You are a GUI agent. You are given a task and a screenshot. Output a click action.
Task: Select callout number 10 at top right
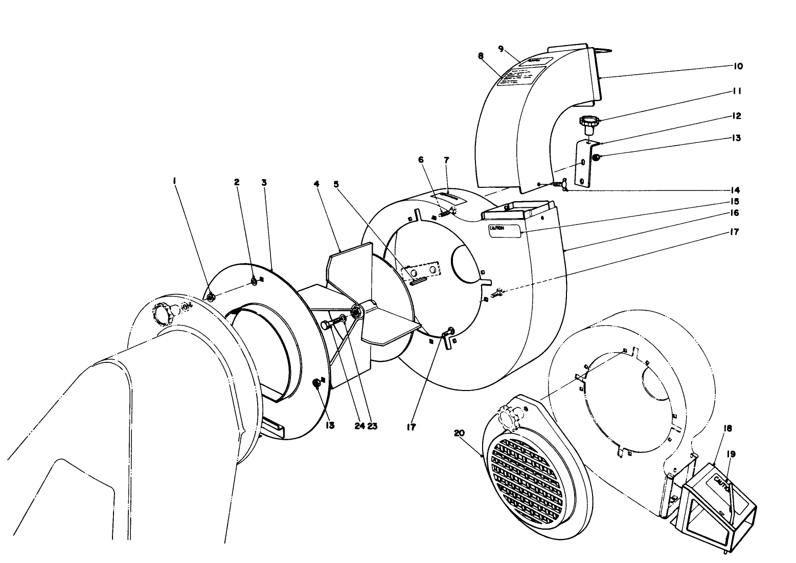tap(738, 66)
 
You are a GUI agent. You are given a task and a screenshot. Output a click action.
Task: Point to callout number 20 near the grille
tap(459, 432)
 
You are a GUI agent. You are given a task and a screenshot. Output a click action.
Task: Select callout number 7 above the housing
tap(446, 160)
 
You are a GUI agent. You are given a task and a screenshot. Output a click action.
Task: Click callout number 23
tap(372, 425)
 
